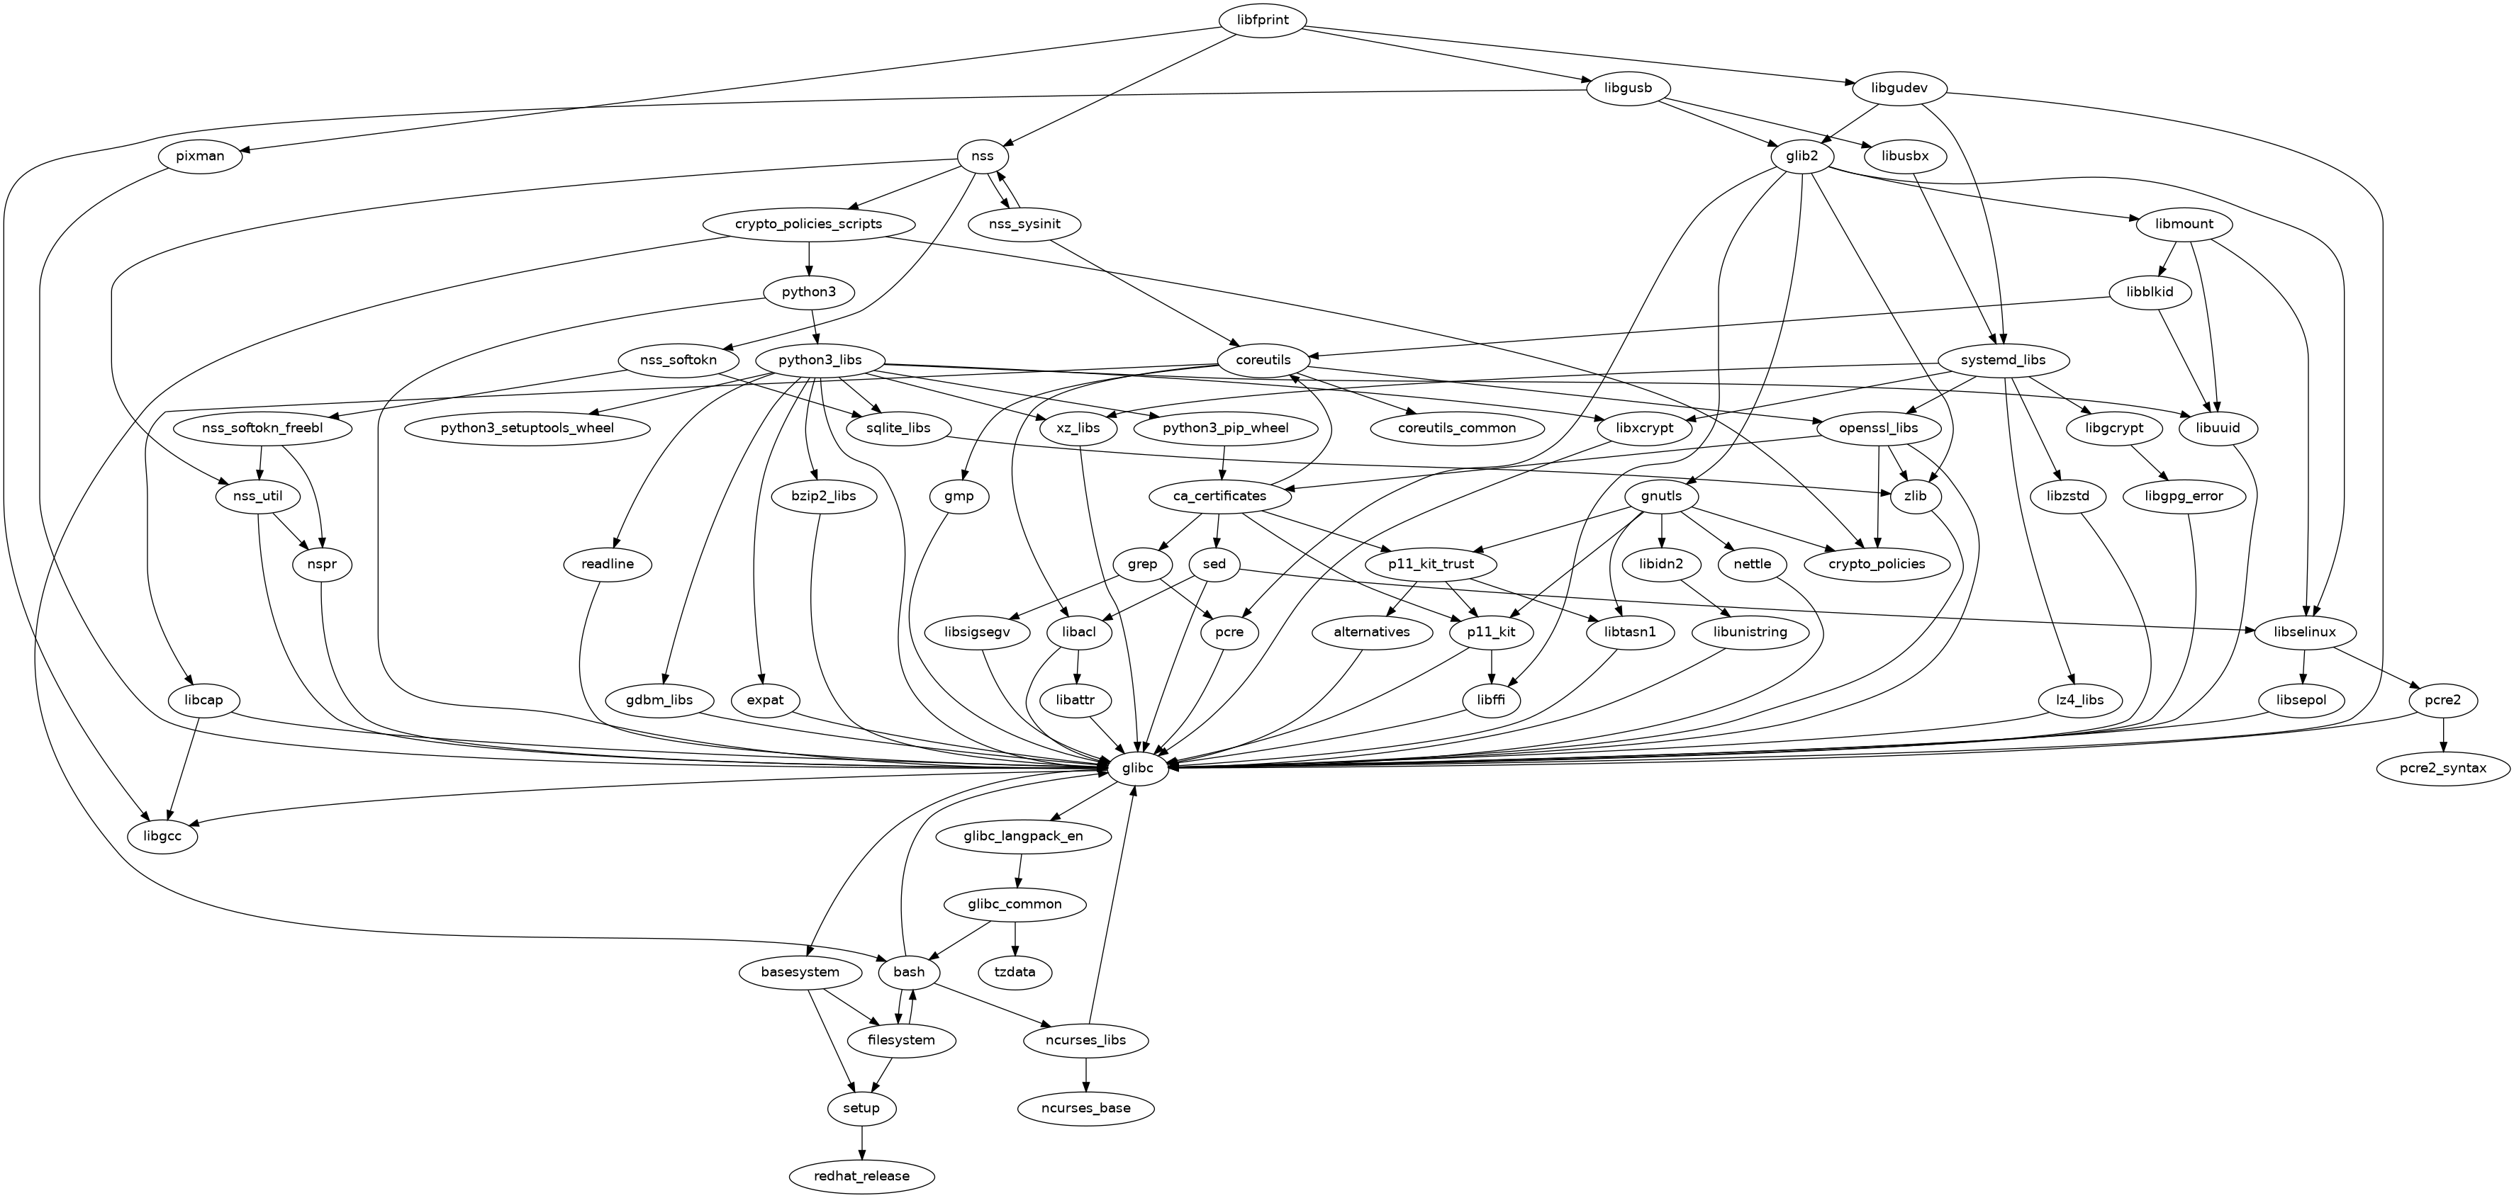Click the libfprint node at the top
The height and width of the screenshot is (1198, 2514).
(1262, 20)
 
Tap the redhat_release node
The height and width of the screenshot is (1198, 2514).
(861, 1175)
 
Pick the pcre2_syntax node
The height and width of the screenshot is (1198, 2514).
(2442, 768)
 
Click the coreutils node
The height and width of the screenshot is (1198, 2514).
(1263, 360)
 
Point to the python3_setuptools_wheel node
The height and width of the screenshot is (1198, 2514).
(527, 429)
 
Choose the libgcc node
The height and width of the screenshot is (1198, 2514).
(162, 836)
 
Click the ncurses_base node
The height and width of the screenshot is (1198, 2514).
(1086, 1108)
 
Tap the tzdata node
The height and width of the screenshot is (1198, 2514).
(1015, 972)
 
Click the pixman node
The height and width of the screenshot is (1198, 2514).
(201, 156)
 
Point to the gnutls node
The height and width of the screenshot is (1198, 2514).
(1662, 496)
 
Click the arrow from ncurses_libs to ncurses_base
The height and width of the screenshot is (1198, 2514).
(1086, 1074)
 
